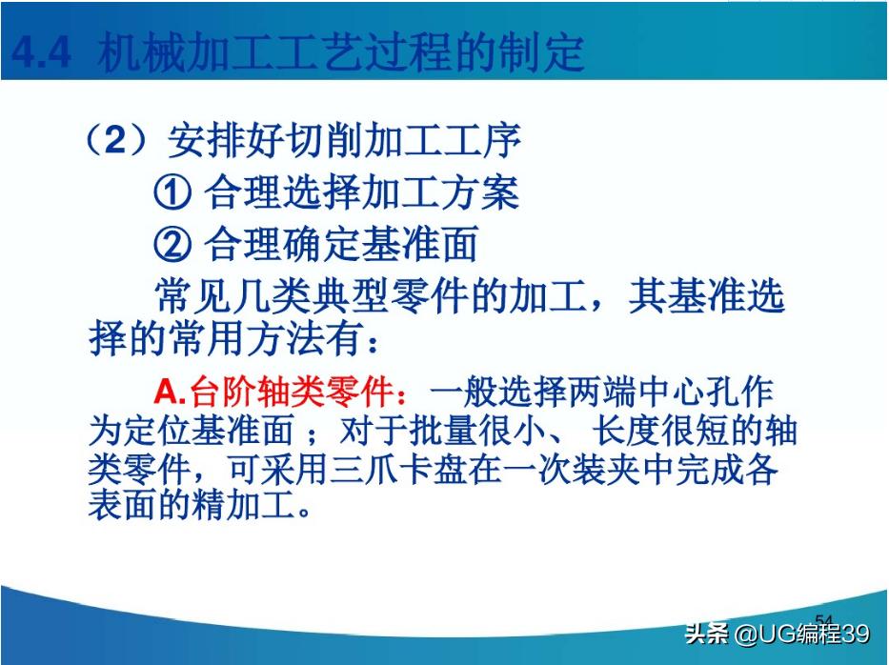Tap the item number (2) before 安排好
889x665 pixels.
pos(115,143)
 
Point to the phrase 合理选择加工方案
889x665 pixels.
pos(362,194)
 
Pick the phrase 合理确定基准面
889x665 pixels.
pos(341,246)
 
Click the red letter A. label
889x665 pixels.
pos(172,393)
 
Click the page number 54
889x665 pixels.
pos(825,619)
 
